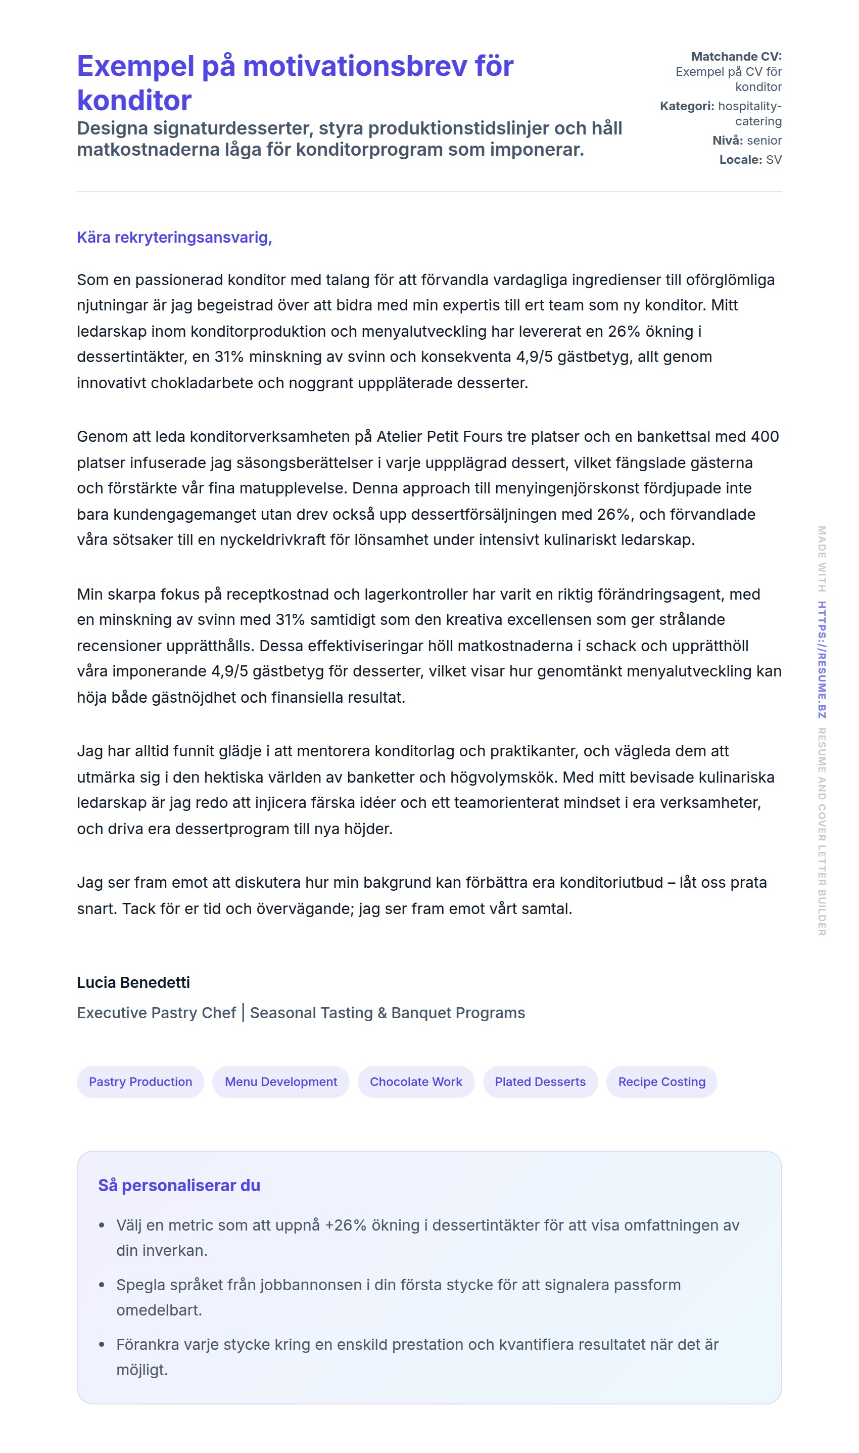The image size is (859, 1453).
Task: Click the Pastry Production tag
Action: tap(140, 1082)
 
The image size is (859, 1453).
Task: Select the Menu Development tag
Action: tap(281, 1082)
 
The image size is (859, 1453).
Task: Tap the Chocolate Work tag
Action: tap(416, 1082)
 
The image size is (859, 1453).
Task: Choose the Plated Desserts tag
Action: tap(540, 1082)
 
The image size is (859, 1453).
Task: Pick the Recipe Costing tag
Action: tap(661, 1082)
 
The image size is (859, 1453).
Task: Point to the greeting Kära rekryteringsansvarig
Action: tap(174, 238)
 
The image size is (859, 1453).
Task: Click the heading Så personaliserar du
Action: tap(179, 1186)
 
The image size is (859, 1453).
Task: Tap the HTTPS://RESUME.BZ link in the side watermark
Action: tap(822, 660)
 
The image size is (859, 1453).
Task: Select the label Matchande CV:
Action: tap(736, 57)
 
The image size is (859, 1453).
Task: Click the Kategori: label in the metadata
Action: tap(687, 107)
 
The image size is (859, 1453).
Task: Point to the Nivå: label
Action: tap(728, 141)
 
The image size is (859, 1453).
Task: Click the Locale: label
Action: tap(741, 160)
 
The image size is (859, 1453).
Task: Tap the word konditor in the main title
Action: tap(134, 101)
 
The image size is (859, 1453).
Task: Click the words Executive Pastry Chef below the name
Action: tap(156, 1013)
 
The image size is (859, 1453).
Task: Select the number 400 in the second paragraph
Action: tap(765, 437)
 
